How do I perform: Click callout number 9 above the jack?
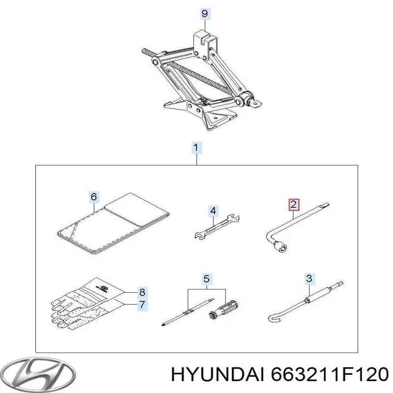click(x=205, y=13)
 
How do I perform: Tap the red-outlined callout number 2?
click(x=294, y=204)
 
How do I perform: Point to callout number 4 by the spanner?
click(x=207, y=279)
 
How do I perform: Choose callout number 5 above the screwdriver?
click(x=94, y=196)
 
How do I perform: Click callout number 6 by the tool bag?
click(x=142, y=305)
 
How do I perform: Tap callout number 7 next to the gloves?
click(x=142, y=292)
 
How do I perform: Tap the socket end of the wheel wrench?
click(x=281, y=247)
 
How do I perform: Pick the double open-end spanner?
click(x=217, y=226)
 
